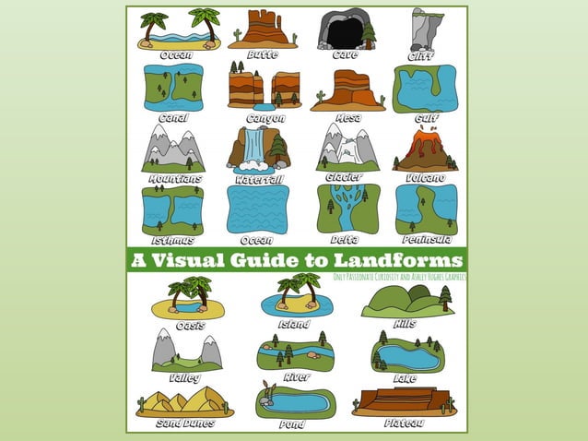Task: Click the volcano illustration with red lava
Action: tap(426, 150)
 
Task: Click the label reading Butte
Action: tap(262, 55)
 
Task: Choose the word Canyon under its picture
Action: tap(265, 118)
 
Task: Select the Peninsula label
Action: tap(425, 240)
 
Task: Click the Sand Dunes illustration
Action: tap(184, 401)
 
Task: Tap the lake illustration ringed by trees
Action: tap(406, 355)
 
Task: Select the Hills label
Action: tap(406, 324)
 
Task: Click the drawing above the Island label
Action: tap(295, 297)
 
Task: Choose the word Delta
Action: tap(344, 240)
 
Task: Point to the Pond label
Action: tap(292, 424)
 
